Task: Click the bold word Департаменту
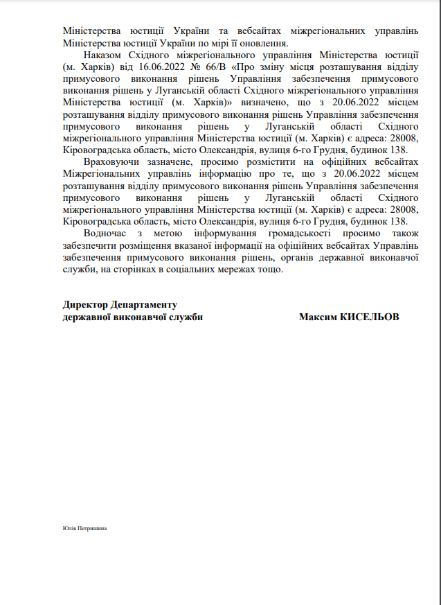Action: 145,304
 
